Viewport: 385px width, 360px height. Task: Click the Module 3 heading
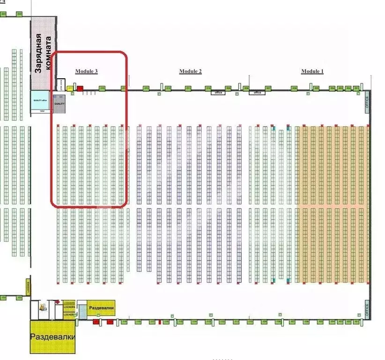[87, 71]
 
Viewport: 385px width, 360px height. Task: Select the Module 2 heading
[191, 71]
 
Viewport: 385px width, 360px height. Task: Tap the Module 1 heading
[312, 71]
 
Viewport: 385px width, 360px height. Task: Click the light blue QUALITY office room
[40, 100]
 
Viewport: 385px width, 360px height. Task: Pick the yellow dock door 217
[70, 88]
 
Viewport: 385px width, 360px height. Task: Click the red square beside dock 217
[80, 88]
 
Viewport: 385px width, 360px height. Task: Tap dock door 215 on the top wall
[102, 88]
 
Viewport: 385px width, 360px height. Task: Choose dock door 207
[268, 88]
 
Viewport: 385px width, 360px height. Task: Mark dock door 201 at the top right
[356, 88]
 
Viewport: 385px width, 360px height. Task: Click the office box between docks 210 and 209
[218, 93]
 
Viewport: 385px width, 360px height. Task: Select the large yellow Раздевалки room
[53, 337]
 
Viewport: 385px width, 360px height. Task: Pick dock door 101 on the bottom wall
[356, 322]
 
